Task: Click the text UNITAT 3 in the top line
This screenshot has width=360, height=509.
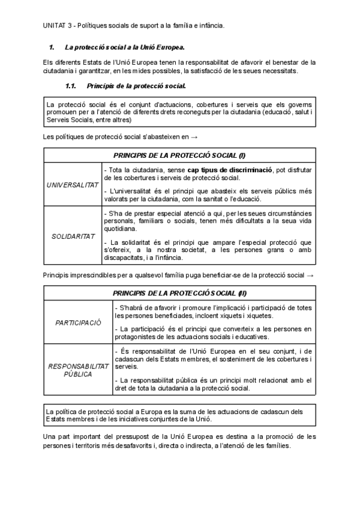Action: [58, 25]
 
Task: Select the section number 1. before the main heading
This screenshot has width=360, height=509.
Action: [52, 46]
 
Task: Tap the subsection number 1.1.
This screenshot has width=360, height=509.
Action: [70, 85]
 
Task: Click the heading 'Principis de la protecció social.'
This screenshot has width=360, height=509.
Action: [131, 85]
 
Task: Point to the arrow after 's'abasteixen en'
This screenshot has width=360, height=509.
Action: [194, 137]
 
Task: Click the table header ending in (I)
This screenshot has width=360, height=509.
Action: [179, 155]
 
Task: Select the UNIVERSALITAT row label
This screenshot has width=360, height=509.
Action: [73, 184]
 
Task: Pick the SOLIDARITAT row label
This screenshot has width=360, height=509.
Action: [73, 236]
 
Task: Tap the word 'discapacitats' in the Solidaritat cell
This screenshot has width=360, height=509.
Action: [125, 258]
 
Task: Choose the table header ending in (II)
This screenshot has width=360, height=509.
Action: [179, 293]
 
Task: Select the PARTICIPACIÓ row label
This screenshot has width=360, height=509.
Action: [78, 322]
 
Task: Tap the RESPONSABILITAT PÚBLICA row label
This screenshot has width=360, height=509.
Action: [78, 369]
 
